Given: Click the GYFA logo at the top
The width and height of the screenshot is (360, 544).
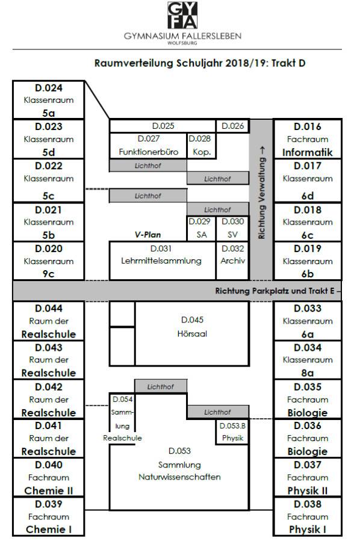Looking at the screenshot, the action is click(182, 15).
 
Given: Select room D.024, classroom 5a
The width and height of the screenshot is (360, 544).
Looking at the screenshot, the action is click(49, 100).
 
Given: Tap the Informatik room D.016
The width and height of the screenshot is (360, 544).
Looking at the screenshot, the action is click(308, 139).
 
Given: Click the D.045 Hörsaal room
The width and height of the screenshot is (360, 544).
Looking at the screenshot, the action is click(192, 333).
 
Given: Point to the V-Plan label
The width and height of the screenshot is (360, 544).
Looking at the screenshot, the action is click(148, 235).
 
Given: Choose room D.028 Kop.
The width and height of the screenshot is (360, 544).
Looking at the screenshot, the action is click(201, 146).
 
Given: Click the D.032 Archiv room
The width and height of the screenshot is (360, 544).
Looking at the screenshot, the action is click(232, 261).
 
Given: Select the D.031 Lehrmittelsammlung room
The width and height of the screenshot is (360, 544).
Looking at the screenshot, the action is click(163, 261).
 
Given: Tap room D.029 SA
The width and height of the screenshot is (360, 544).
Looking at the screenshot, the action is click(201, 229).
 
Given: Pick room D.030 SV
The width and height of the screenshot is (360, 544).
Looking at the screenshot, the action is click(232, 229).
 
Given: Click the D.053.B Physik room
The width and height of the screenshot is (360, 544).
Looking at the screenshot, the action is click(232, 431).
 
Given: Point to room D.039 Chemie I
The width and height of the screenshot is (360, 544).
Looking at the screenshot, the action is click(49, 516).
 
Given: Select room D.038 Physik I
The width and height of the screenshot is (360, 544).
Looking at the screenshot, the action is click(308, 516).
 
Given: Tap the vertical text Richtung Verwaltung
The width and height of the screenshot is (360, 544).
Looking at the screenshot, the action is click(262, 193).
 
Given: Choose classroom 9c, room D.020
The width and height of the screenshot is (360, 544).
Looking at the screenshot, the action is click(49, 261).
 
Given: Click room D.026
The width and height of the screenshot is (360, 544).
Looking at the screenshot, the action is click(232, 126).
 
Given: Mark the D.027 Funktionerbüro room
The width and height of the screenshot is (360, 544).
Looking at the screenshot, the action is click(148, 146).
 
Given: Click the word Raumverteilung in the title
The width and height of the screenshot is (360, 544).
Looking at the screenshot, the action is click(134, 64).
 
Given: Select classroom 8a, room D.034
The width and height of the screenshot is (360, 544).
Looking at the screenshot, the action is click(308, 360).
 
